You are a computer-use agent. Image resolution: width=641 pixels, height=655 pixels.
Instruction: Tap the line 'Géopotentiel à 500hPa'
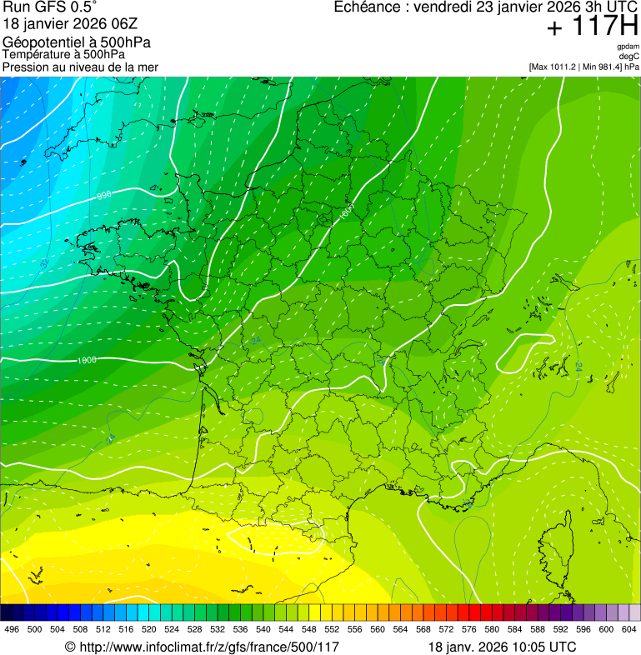tap(77, 42)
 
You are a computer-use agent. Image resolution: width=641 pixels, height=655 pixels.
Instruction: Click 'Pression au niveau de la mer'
tap(80, 67)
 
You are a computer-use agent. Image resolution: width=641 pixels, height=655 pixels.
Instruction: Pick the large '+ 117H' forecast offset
tap(593, 27)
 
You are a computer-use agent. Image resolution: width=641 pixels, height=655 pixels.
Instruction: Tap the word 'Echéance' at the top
tap(368, 7)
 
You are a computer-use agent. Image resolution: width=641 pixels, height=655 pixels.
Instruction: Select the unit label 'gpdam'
tap(628, 47)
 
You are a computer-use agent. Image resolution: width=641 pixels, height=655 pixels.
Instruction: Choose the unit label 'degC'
tap(629, 56)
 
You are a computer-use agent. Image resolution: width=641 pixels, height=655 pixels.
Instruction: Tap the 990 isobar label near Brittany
tap(104, 195)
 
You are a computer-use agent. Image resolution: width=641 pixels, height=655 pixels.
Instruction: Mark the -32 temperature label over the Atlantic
tap(43, 262)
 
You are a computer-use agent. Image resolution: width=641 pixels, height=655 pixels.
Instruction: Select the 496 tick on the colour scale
tap(12, 629)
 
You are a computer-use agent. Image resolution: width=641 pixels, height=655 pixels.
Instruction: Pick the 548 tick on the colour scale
tap(308, 629)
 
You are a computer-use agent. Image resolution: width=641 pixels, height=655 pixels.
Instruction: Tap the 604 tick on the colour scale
tap(629, 629)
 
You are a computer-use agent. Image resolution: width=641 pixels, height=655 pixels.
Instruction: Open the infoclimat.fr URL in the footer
tap(202, 647)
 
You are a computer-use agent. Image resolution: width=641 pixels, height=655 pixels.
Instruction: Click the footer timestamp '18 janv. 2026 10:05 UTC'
tap(502, 647)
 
